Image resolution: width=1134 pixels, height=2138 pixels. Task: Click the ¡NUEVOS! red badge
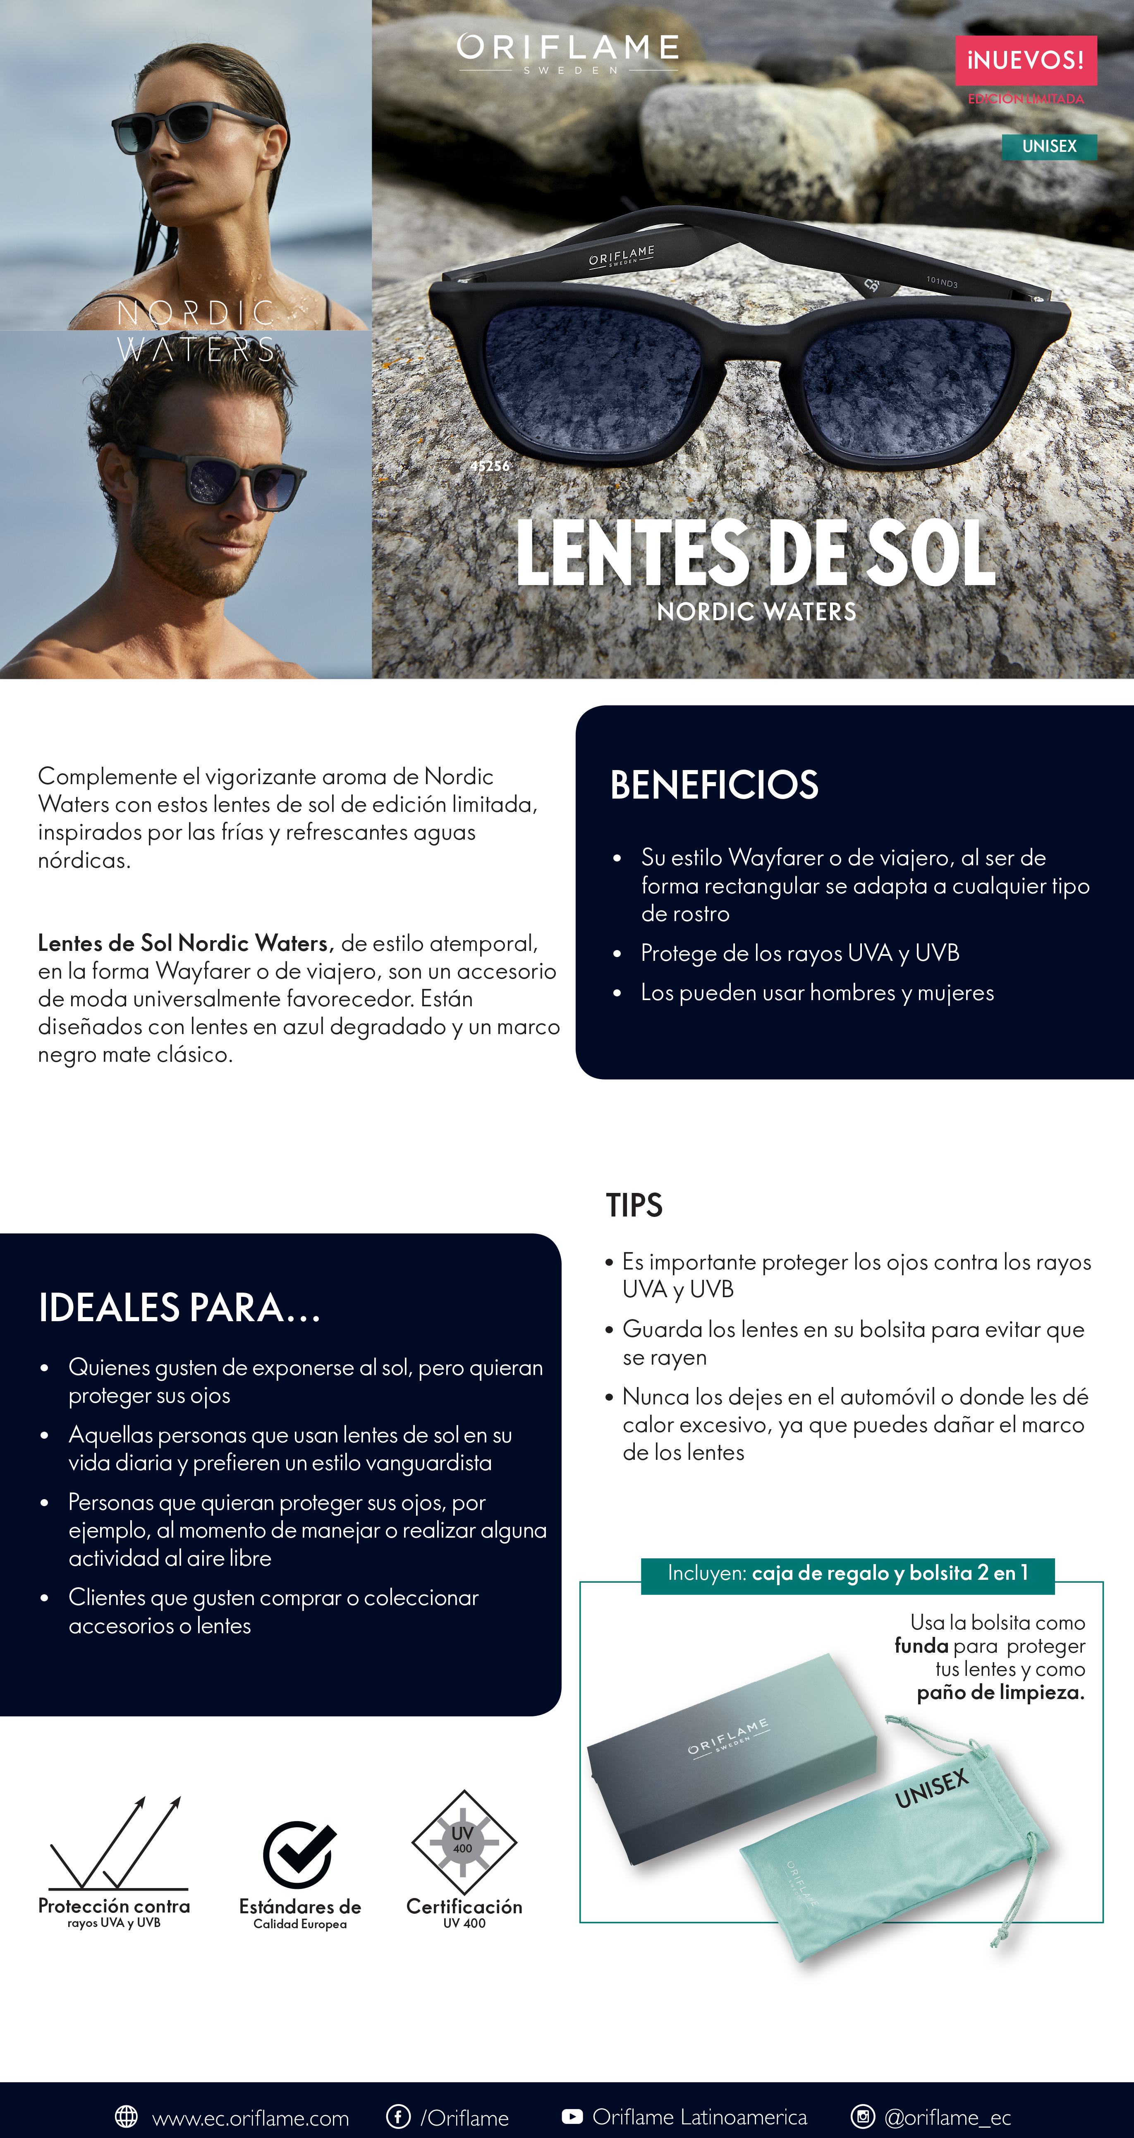[1025, 60]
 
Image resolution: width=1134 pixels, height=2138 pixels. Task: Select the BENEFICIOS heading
[714, 785]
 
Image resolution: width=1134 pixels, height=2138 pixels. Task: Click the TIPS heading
[634, 1205]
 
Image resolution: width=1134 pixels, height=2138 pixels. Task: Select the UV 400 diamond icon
[464, 1843]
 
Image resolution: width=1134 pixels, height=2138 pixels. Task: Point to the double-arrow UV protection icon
[116, 1844]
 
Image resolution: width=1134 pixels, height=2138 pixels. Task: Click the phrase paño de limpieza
[1000, 1692]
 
